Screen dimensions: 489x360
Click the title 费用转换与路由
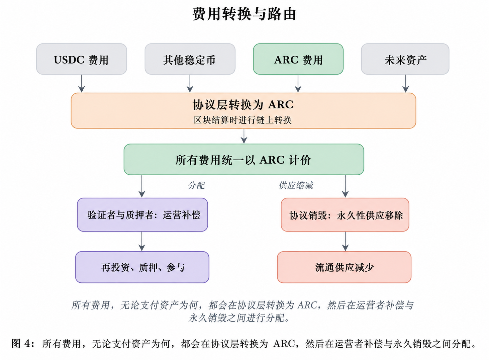click(x=244, y=14)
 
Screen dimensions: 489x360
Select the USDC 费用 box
click(x=81, y=59)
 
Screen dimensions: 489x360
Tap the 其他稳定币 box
click(x=190, y=59)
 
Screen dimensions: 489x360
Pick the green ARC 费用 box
click(x=298, y=59)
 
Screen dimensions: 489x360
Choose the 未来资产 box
click(x=405, y=59)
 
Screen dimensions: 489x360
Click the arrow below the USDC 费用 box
click(x=82, y=83)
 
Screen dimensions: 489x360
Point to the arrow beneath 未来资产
click(x=406, y=83)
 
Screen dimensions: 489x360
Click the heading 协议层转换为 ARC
click(x=243, y=105)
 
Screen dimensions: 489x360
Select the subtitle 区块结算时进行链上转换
click(x=243, y=120)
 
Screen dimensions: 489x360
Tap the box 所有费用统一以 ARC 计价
click(x=244, y=159)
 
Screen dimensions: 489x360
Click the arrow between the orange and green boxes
click(x=244, y=136)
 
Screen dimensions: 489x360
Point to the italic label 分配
click(x=196, y=185)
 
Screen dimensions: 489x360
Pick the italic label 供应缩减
click(x=296, y=185)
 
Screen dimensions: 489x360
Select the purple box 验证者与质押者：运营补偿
click(x=142, y=214)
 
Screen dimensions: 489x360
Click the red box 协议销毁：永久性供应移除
click(x=345, y=214)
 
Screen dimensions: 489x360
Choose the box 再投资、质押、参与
click(x=142, y=267)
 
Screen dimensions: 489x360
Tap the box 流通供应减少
click(x=344, y=267)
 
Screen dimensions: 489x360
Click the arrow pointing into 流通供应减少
click(x=345, y=242)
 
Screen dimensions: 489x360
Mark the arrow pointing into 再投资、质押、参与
click(x=142, y=242)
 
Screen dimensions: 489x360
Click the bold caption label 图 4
click(x=23, y=344)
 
